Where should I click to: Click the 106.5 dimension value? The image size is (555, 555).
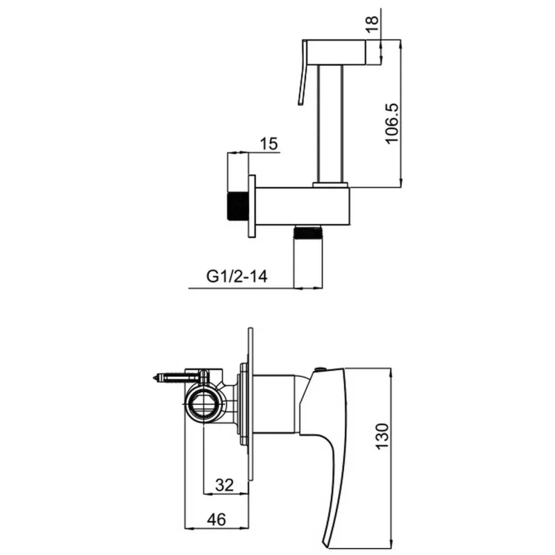391,123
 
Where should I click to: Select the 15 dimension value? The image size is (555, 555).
269,144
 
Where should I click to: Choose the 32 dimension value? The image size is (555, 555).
223,484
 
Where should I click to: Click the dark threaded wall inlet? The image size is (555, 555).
239,205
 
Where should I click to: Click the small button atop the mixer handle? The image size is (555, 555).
319,370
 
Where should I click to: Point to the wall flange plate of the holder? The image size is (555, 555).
253,206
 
